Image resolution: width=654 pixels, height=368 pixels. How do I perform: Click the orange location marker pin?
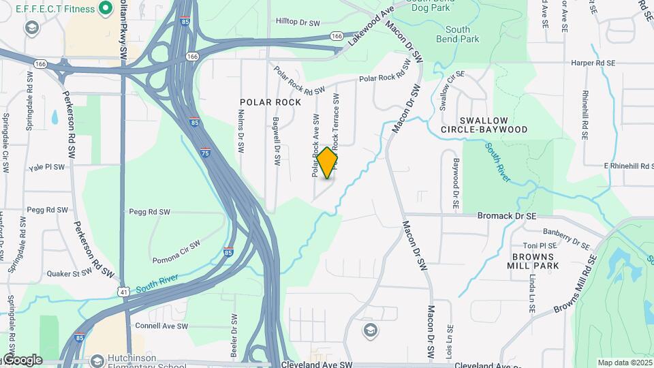click(x=327, y=163)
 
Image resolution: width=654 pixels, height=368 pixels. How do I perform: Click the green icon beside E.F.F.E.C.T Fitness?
click(x=105, y=8)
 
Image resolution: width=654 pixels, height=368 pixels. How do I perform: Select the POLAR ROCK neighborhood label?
click(x=270, y=102)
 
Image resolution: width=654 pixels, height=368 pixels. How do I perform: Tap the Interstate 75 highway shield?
click(x=206, y=153)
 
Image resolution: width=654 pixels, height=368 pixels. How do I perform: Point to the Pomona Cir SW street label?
click(x=176, y=251)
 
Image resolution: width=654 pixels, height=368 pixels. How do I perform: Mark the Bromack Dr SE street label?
click(x=507, y=216)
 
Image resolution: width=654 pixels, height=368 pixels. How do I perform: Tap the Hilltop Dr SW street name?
click(x=298, y=22)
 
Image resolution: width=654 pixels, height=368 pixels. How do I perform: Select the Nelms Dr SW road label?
click(x=240, y=133)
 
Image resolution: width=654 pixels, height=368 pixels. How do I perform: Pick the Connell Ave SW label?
click(x=161, y=326)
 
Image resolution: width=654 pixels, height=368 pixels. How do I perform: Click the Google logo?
click(x=22, y=360)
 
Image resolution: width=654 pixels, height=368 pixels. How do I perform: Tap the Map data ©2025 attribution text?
click(x=625, y=363)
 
